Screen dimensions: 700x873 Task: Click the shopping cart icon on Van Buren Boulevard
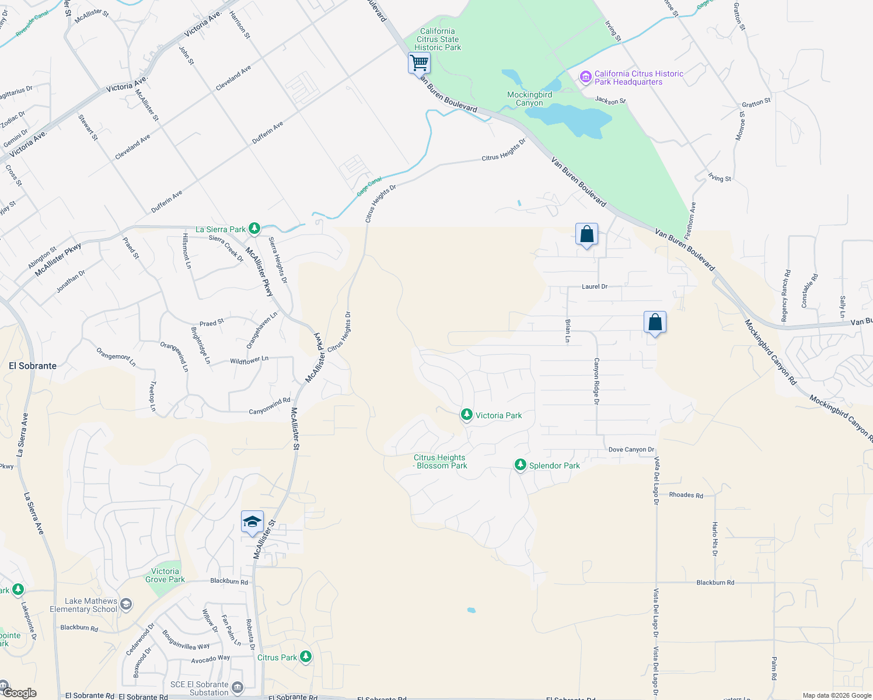[x=419, y=62]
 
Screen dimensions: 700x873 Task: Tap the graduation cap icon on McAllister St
[x=252, y=521]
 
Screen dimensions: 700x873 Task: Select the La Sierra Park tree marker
[x=254, y=229]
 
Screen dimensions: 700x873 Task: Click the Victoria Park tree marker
[x=466, y=415]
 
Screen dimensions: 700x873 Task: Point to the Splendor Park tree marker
[x=520, y=465]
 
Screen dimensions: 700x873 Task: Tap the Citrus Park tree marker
[x=305, y=657]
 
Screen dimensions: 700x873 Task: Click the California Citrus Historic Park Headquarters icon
[x=585, y=77]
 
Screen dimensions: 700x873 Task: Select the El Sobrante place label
[x=33, y=366]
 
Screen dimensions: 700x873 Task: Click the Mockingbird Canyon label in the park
[x=529, y=99]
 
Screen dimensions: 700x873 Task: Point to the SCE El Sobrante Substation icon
[x=237, y=688]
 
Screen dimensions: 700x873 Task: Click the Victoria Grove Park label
[x=165, y=575]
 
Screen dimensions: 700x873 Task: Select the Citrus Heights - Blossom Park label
[x=440, y=461]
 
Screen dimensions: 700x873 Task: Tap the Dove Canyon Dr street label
[x=631, y=449]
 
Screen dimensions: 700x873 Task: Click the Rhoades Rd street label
[x=686, y=495]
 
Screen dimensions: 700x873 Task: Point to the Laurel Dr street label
[x=595, y=286]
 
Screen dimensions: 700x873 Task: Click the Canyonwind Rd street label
[x=270, y=407]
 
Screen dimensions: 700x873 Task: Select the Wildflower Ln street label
[x=249, y=360]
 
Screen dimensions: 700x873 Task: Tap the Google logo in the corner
[x=19, y=692]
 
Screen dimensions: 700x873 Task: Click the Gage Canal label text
[x=369, y=186]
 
